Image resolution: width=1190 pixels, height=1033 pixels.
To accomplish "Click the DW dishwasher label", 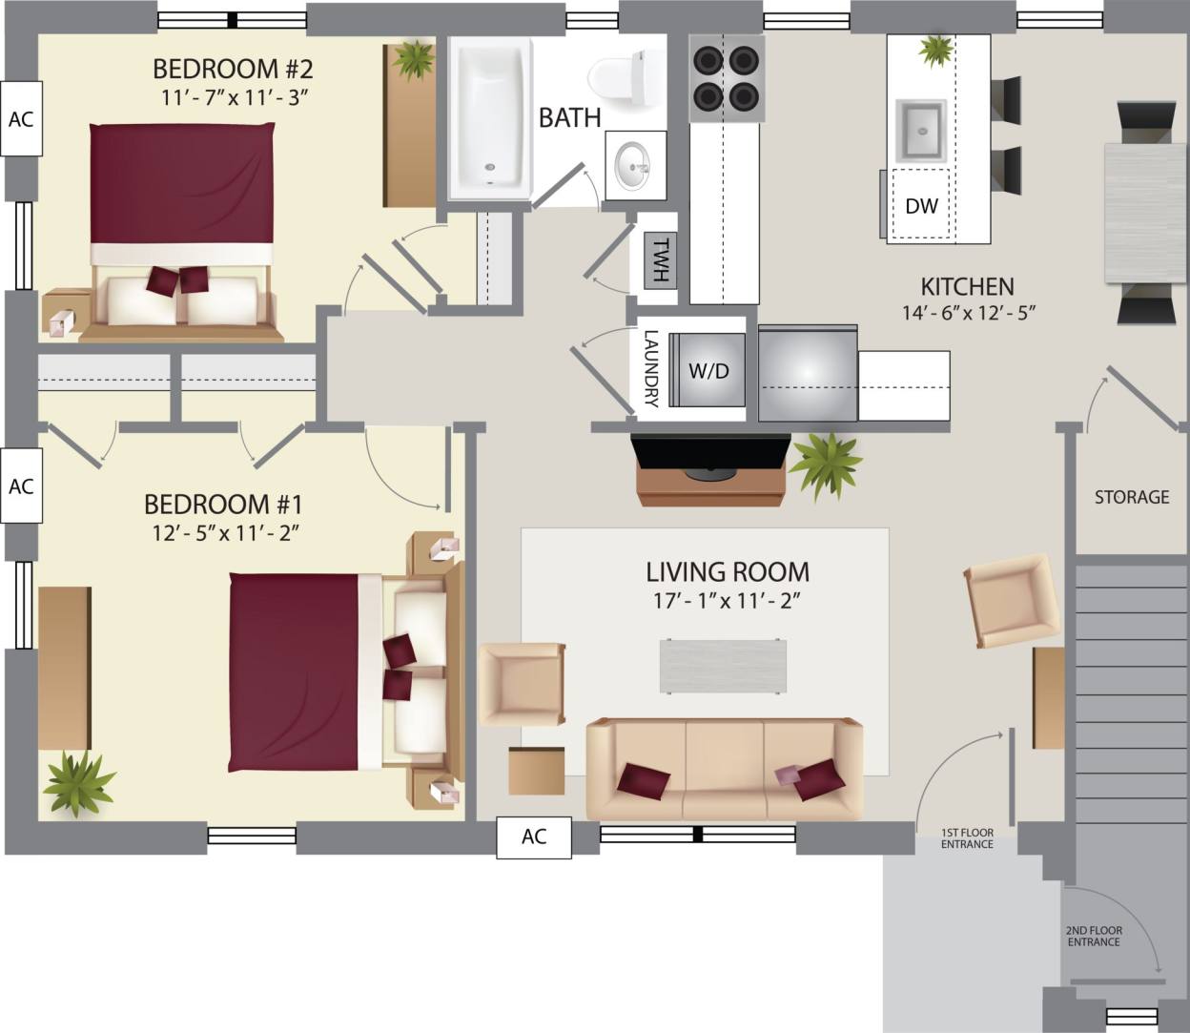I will pyautogui.click(x=921, y=205).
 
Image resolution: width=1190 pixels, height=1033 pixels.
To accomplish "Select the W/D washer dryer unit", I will pyautogui.click(x=708, y=371).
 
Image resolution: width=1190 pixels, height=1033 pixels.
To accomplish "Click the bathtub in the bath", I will pyautogui.click(x=490, y=118).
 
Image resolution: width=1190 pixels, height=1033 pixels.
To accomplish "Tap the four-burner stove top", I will pyautogui.click(x=727, y=78).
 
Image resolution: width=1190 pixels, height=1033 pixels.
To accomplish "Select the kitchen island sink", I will pyautogui.click(x=921, y=129).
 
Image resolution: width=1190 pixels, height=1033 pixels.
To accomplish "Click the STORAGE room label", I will pyautogui.click(x=1131, y=497).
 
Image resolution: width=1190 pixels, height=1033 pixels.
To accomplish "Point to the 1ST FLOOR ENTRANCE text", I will pyautogui.click(x=967, y=838).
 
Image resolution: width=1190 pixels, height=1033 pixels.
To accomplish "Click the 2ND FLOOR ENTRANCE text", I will pyautogui.click(x=1094, y=936).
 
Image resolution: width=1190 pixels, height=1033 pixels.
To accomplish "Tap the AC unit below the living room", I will pyautogui.click(x=534, y=837).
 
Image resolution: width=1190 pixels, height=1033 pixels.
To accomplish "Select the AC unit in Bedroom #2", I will pyautogui.click(x=21, y=119).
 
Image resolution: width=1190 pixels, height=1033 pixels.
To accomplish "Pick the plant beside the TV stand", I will pyautogui.click(x=826, y=465).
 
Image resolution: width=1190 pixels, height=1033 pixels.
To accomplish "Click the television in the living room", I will pyautogui.click(x=711, y=452).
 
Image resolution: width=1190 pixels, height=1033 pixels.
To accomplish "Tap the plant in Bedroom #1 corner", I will pyautogui.click(x=78, y=781).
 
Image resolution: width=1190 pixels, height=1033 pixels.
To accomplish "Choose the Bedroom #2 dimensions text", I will pyautogui.click(x=233, y=96).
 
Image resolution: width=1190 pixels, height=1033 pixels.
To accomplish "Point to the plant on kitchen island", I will pyautogui.click(x=936, y=51).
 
